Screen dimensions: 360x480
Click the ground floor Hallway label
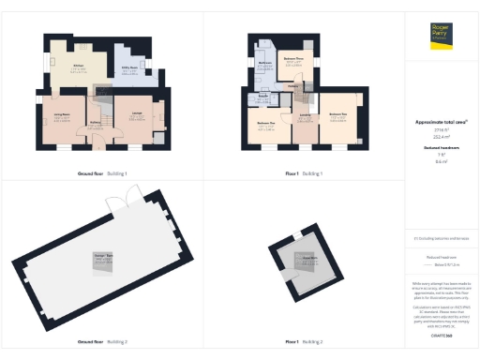coord(95,121)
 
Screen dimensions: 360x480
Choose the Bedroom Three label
coord(292,62)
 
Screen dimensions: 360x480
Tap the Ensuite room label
coord(263,97)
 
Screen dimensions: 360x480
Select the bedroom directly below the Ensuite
coord(266,124)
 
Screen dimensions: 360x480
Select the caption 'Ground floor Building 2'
coord(102,341)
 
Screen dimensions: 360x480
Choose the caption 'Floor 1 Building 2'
coord(305,341)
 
